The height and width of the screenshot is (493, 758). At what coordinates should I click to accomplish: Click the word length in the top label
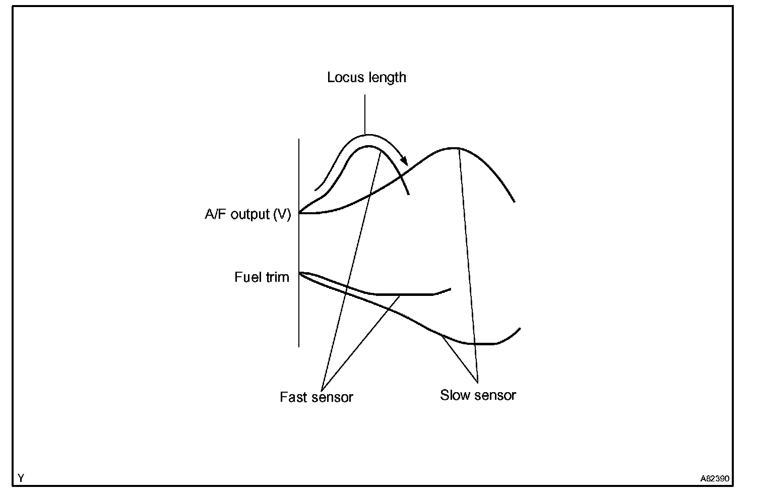[385, 78]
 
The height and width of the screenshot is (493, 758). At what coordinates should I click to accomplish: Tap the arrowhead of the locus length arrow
[404, 161]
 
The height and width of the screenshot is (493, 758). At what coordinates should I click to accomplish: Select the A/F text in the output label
[216, 214]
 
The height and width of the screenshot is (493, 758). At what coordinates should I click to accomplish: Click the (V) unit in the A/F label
[282, 214]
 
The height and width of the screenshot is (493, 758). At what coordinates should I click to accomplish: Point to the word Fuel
[247, 277]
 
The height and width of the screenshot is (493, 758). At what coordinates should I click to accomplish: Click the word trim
[277, 277]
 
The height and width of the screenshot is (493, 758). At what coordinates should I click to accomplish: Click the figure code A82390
[714, 478]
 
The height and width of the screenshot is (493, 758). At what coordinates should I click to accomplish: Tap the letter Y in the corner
[21, 477]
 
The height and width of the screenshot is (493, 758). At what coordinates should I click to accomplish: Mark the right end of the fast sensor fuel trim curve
[450, 289]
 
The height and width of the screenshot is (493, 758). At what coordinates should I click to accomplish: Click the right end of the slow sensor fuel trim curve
[520, 329]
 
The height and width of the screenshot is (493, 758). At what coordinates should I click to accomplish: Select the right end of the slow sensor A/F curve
[514, 202]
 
